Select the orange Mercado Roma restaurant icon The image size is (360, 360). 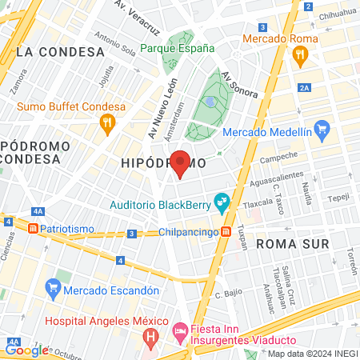pyautogui.click(x=301, y=54)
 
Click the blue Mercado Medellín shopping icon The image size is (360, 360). pyautogui.click(x=322, y=129)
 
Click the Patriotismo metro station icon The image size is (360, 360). pyautogui.click(x=33, y=228)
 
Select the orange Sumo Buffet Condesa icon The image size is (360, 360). pyautogui.click(x=106, y=123)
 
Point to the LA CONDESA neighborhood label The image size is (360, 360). pyautogui.click(x=61, y=52)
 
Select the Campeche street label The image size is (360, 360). pyautogui.click(x=279, y=157)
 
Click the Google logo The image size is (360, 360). pyautogui.click(x=26, y=350)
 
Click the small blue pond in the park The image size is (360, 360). pyautogui.click(x=210, y=102)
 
